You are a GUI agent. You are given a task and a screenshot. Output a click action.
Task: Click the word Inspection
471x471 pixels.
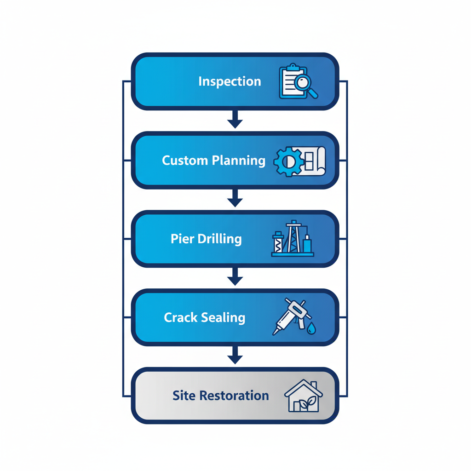click(x=230, y=82)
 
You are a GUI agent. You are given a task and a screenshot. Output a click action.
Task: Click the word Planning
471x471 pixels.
click(x=239, y=161)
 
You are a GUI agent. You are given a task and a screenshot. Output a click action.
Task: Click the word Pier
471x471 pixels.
click(x=181, y=239)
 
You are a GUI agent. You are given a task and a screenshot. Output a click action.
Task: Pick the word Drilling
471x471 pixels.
click(x=219, y=239)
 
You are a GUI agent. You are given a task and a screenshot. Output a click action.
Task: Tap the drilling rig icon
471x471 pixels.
click(x=293, y=239)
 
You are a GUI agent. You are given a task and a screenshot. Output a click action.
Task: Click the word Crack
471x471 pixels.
click(x=180, y=317)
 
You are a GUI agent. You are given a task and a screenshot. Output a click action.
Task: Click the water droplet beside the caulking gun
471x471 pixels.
click(x=312, y=328)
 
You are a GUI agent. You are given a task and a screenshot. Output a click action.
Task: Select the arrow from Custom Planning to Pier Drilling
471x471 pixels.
click(x=235, y=199)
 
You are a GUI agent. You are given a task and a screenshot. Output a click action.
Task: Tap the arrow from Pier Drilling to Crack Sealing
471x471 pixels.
click(x=235, y=277)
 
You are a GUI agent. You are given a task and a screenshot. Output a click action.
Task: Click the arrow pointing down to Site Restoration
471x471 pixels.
click(x=235, y=356)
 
